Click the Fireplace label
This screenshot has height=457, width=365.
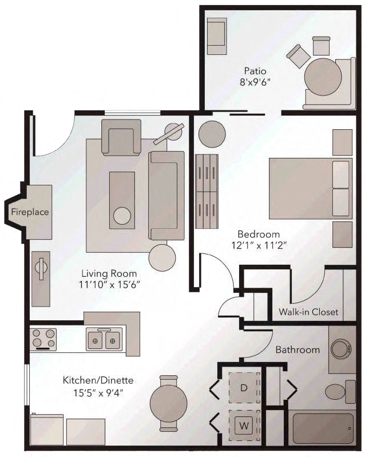[30, 212]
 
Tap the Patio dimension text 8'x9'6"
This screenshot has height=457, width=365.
[255, 82]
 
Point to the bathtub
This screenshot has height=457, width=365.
[322, 428]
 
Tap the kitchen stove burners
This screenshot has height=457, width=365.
[43, 339]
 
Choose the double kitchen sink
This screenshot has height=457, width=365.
[105, 340]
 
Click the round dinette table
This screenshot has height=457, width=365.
[168, 403]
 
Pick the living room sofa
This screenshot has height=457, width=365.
[166, 195]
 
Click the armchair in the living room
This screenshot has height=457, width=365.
[121, 137]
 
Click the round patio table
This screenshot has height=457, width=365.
[323, 77]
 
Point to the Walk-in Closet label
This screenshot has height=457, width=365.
[308, 312]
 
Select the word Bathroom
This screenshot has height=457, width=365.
[297, 349]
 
